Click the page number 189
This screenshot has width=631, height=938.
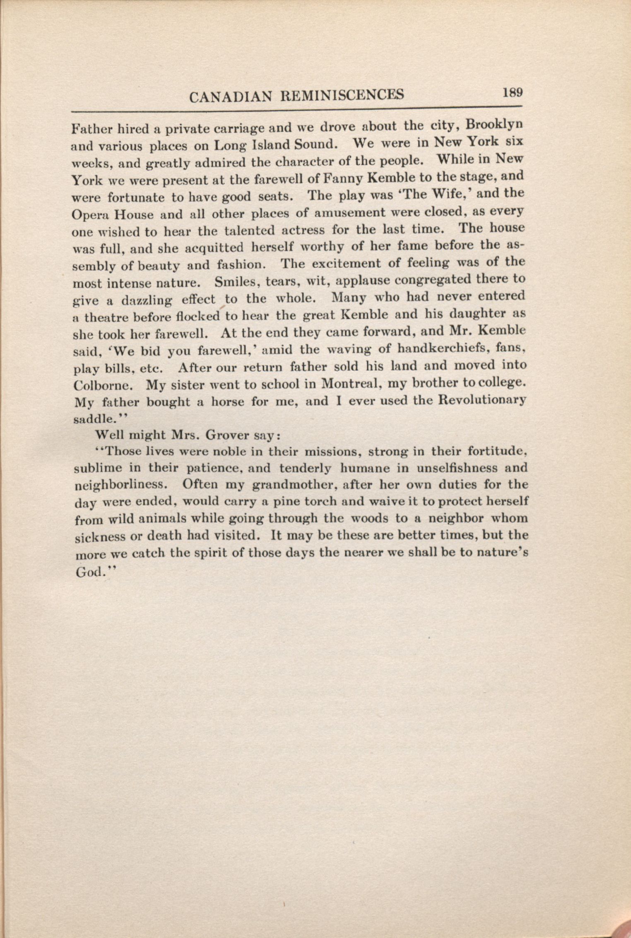pos(513,92)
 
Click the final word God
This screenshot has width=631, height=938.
pos(89,572)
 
